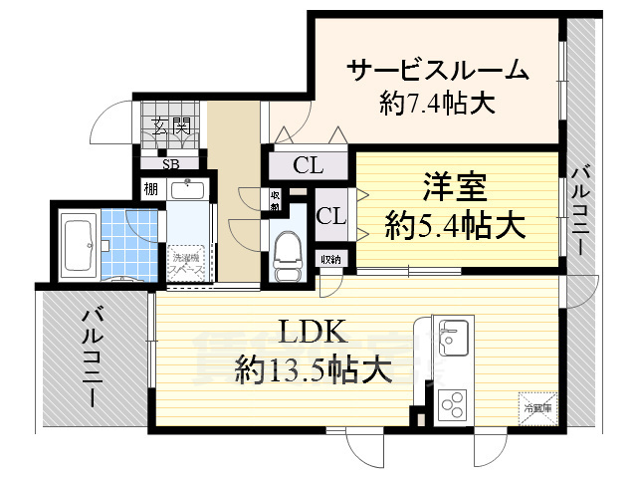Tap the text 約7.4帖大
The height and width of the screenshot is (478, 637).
[437, 103]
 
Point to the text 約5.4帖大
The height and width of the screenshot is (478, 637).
[456, 226]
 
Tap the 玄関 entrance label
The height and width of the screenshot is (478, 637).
[171, 126]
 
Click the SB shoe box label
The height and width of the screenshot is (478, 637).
[171, 165]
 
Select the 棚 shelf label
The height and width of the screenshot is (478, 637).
[150, 188]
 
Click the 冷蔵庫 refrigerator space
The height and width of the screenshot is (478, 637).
[538, 405]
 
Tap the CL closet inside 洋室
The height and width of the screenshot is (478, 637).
[330, 215]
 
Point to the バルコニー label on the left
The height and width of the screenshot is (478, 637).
[93, 357]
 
